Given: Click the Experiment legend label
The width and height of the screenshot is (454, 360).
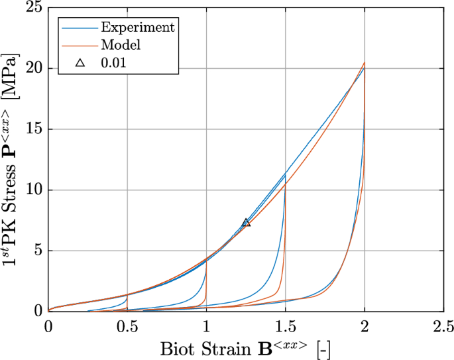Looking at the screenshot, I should coord(137,27).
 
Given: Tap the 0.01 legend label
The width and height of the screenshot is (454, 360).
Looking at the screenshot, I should coord(113,64).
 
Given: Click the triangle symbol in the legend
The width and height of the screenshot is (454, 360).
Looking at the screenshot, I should coord(80,64).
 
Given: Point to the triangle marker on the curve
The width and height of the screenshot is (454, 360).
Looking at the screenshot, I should coord(246,223).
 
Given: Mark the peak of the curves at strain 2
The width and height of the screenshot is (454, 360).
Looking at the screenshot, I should coord(364,64).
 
